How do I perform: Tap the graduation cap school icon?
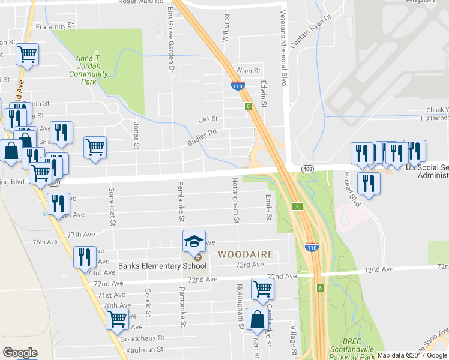point(194,242)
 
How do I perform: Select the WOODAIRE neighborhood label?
point(246,254)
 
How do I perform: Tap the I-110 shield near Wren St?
point(238,86)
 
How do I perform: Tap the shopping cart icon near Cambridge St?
point(262,289)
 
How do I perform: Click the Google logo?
point(20,352)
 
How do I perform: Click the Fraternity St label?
point(55,26)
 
